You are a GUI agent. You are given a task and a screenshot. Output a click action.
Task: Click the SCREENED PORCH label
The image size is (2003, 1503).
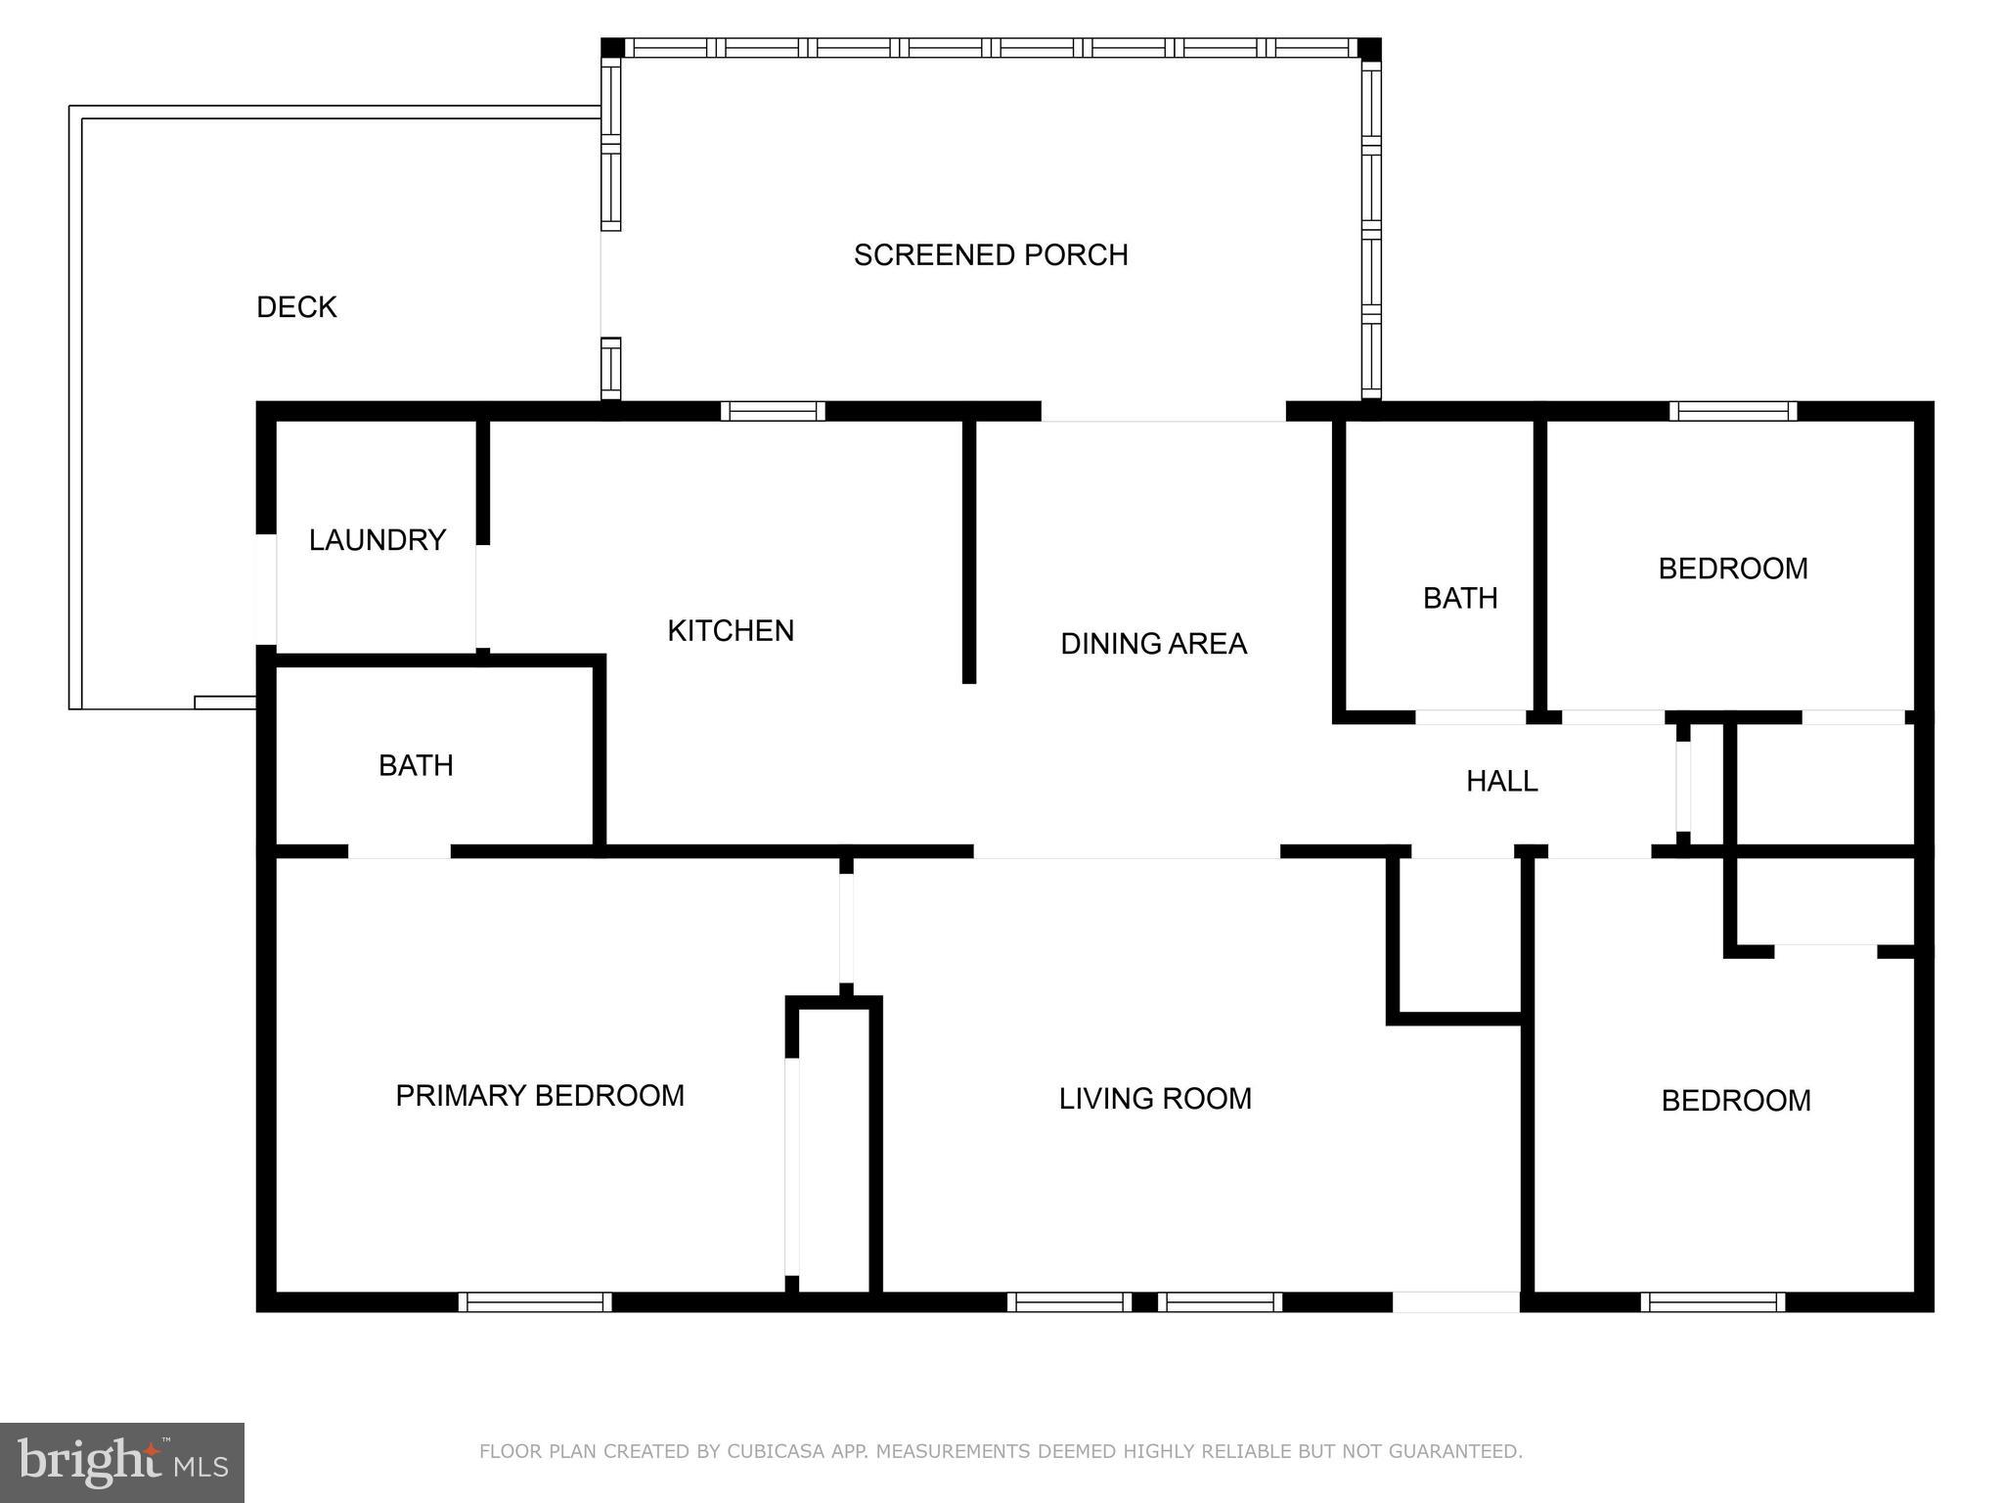tap(990, 255)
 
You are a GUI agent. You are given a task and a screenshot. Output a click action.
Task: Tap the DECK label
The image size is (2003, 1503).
tap(296, 307)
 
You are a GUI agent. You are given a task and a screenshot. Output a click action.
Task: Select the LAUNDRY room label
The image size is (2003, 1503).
tap(377, 540)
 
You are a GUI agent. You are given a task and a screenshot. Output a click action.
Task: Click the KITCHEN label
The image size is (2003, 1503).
tap(730, 631)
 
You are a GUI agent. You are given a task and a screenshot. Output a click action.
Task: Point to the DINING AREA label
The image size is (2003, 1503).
tap(1153, 644)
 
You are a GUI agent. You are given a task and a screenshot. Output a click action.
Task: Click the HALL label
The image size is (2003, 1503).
tap(1501, 781)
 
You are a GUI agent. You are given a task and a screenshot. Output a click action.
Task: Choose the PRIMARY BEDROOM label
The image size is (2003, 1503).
tap(539, 1096)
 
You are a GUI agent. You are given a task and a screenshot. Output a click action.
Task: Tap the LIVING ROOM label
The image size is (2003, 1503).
tap(1154, 1099)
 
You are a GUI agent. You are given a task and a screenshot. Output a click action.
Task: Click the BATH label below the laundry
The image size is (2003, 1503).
tap(416, 765)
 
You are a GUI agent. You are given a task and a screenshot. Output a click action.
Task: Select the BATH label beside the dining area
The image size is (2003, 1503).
tap(1459, 598)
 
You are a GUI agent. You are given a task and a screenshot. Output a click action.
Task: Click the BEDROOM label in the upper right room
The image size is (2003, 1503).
tap(1732, 569)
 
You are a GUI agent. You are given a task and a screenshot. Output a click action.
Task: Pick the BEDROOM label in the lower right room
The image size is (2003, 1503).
tap(1735, 1101)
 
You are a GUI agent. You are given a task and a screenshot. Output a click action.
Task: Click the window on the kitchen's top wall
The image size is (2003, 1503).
tap(773, 411)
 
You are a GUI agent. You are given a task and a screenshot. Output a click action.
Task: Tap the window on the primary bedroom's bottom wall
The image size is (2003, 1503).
tap(535, 1302)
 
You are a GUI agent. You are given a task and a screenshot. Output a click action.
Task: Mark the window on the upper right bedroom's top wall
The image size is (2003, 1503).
tap(1732, 411)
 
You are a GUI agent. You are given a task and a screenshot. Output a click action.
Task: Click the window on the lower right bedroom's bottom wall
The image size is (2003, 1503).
tap(1712, 1302)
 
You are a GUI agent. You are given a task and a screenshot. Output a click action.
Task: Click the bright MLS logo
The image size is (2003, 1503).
tap(122, 1462)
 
